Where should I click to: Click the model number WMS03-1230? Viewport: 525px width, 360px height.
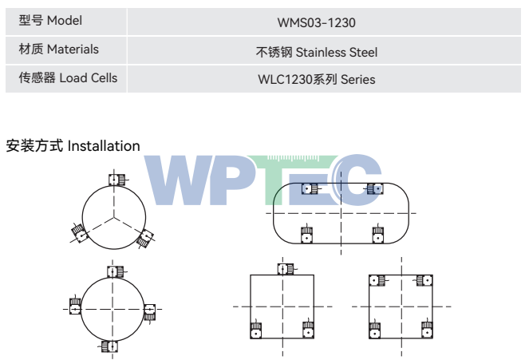(317, 23)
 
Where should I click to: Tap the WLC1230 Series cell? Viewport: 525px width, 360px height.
(317, 79)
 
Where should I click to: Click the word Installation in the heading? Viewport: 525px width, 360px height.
(104, 146)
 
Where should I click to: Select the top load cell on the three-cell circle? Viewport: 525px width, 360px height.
(116, 180)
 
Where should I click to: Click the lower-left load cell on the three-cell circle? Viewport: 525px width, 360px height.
(79, 233)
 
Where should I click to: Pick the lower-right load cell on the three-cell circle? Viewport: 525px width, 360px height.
(145, 239)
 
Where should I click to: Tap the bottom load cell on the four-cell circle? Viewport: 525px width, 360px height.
(109, 346)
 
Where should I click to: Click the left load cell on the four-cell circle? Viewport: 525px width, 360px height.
(75, 306)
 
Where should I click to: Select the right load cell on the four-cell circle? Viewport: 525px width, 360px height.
(150, 312)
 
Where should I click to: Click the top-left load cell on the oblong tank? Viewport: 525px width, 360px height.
(310, 189)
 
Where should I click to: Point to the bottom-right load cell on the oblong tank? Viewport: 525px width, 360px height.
(378, 235)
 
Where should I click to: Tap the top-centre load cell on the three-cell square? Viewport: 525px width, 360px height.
(286, 269)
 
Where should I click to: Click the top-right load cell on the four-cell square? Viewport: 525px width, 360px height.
(424, 280)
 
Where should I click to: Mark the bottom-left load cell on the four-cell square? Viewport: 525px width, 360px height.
(375, 330)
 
